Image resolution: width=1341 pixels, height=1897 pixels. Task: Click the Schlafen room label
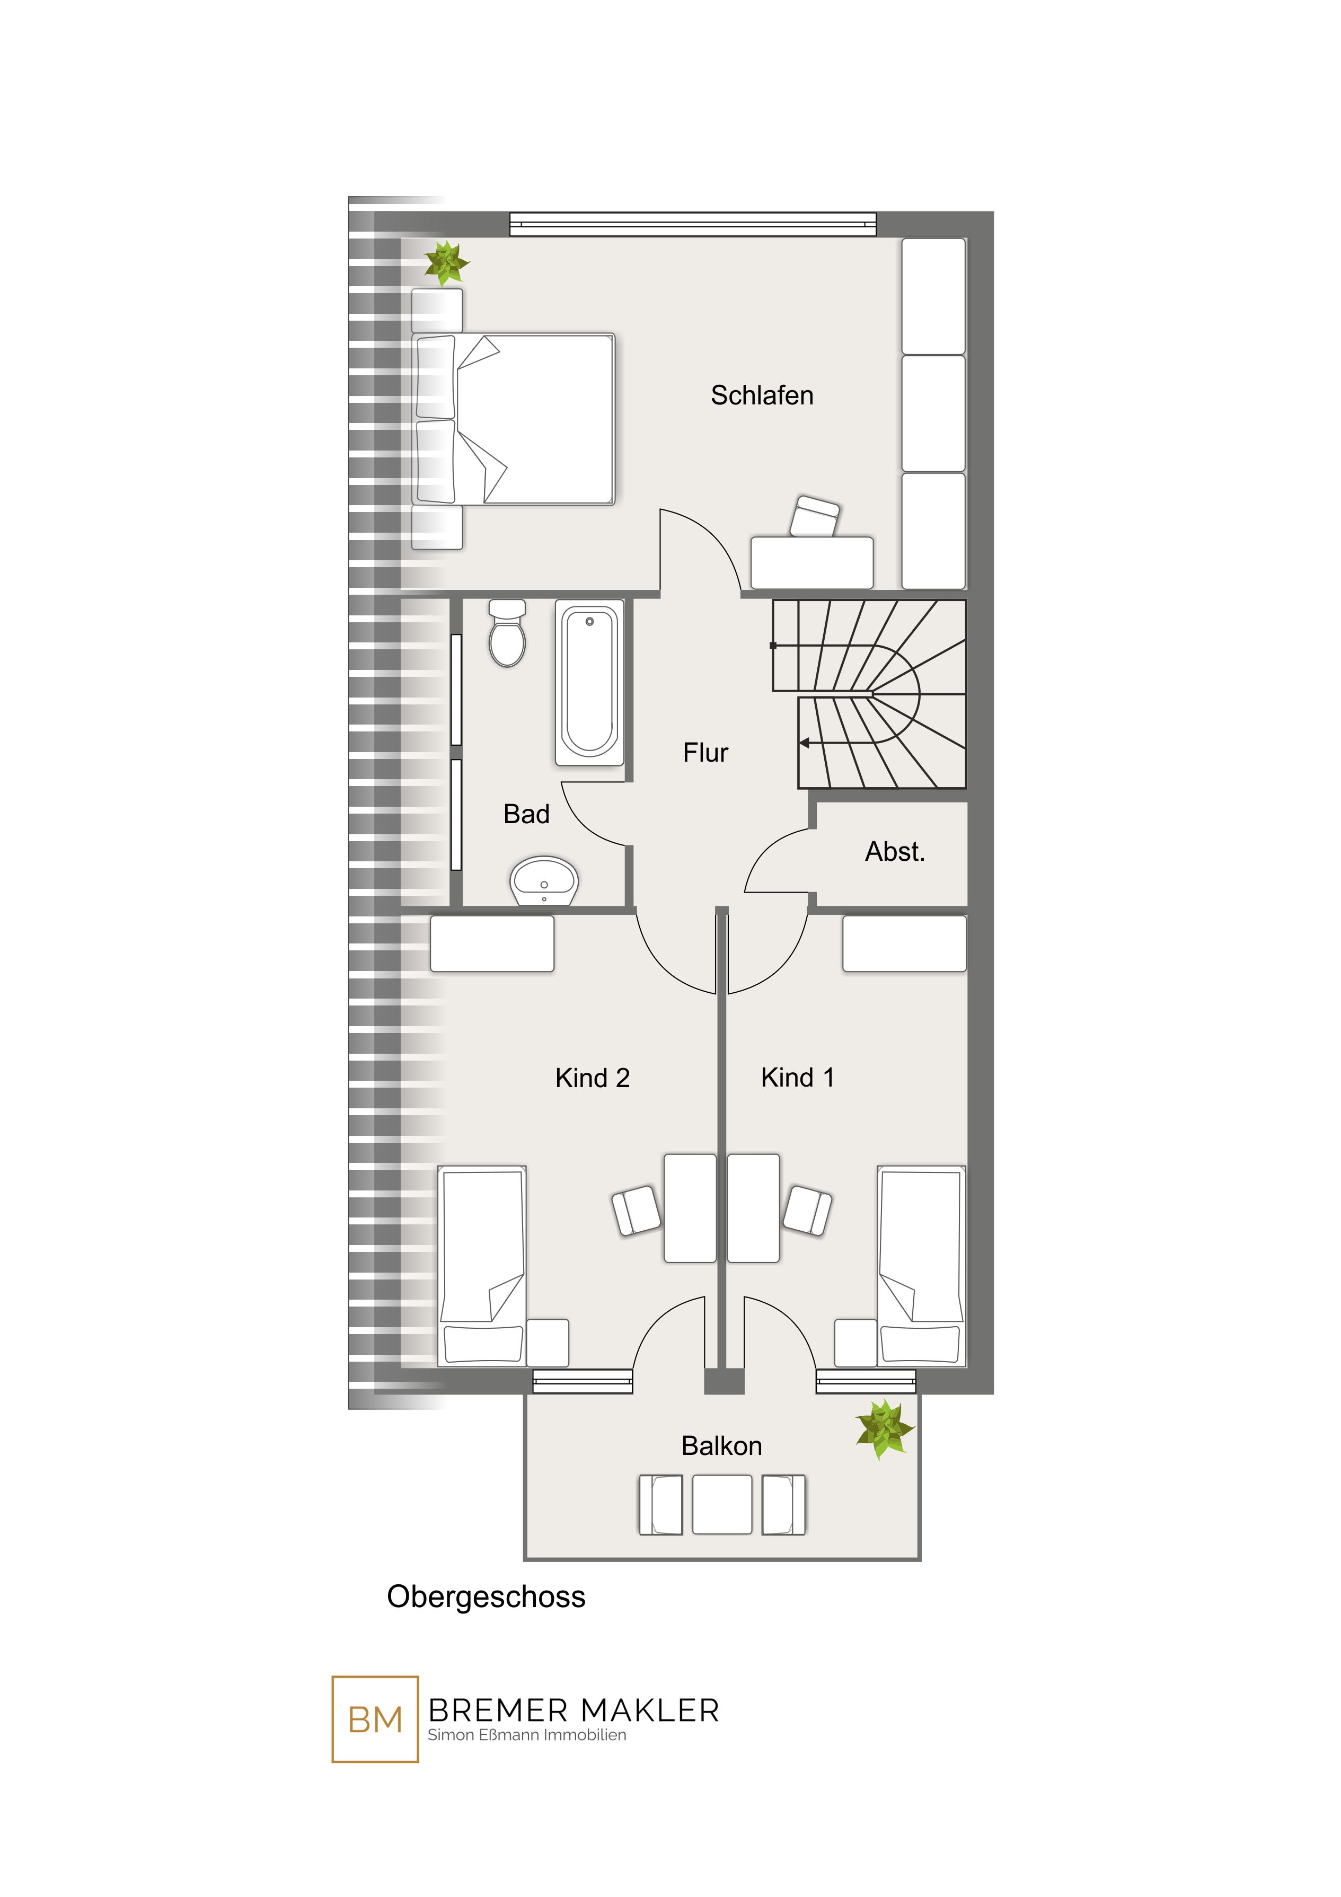762,396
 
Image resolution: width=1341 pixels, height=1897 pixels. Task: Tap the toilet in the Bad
507,633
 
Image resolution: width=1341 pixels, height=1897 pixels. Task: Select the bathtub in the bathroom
589,683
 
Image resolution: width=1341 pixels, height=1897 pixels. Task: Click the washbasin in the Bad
544,881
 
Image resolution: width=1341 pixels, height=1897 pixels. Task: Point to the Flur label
705,753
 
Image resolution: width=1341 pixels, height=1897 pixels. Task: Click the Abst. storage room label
895,852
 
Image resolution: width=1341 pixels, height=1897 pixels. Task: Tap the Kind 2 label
593,1078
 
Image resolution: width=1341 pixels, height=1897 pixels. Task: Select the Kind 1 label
797,1078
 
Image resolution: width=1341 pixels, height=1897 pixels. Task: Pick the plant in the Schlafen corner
446,263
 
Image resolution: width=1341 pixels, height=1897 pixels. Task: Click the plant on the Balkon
884,1428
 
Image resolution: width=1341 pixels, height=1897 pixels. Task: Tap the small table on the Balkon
722,1505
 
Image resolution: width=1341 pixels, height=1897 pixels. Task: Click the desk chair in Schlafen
815,516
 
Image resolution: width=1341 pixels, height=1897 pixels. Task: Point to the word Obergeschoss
486,1597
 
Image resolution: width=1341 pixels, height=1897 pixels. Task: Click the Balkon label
721,1446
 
